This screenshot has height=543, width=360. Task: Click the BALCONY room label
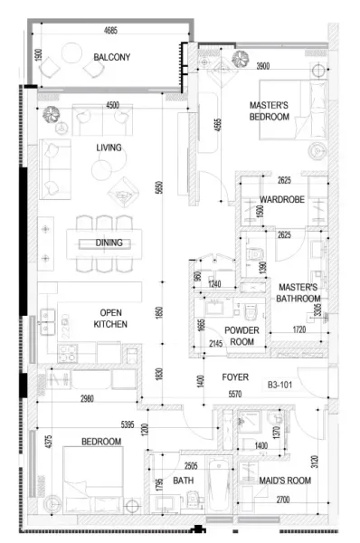112,57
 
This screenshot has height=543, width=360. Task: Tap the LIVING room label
109,147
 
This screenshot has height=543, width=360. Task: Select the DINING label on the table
109,243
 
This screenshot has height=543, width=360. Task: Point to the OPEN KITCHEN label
112,318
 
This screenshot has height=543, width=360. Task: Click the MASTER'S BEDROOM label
269,111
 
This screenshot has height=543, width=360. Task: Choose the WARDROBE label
280,199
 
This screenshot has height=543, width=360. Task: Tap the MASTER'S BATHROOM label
298,292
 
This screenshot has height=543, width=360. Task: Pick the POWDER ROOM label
242,336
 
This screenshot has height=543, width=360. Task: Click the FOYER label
236,378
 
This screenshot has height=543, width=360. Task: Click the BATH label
184,481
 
